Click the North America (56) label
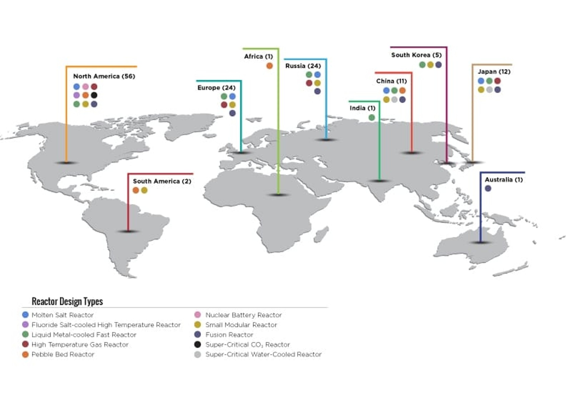click(104, 76)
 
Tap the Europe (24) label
click(216, 88)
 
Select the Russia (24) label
click(303, 66)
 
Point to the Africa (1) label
click(259, 56)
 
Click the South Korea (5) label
click(416, 55)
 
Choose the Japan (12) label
click(494, 72)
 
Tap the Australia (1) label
click(504, 180)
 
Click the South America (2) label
click(162, 181)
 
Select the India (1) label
click(362, 108)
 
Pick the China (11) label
click(391, 81)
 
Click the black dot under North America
click(94, 95)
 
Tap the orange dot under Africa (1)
click(269, 66)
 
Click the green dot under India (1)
click(372, 118)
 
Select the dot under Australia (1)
click(488, 188)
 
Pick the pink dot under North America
click(85, 87)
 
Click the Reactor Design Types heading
click(67, 301)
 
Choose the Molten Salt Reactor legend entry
click(62, 315)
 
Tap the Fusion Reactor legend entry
click(229, 335)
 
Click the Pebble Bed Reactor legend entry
click(63, 354)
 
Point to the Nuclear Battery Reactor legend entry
click(243, 315)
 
